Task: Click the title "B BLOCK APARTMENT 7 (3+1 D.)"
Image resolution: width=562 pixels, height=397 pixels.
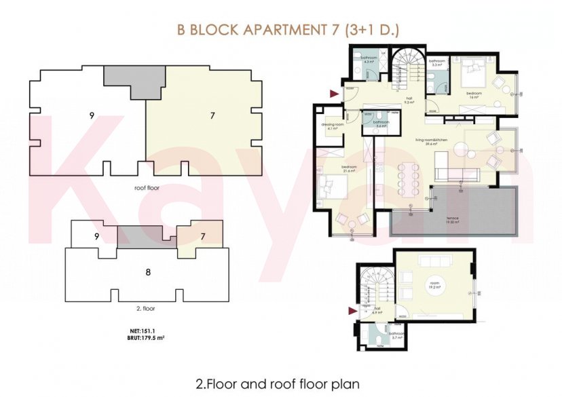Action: (x=288, y=30)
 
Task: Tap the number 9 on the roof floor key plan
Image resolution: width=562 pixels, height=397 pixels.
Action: (x=91, y=115)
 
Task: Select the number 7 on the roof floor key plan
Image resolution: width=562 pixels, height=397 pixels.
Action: (x=212, y=116)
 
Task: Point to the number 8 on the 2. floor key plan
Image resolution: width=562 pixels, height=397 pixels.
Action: (x=147, y=273)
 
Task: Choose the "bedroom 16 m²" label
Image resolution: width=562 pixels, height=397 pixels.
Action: (x=473, y=95)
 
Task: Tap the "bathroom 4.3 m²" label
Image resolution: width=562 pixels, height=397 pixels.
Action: (x=369, y=60)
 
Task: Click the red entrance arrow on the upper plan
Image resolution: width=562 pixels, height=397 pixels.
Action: (x=333, y=94)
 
